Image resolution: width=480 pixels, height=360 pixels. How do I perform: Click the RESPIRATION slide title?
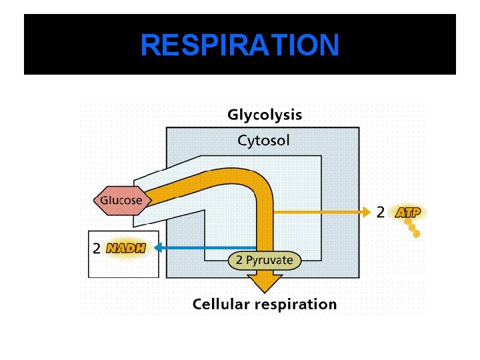[240, 45]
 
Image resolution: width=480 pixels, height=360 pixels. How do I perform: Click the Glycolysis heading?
[265, 115]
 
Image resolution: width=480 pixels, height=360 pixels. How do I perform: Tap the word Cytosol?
[264, 141]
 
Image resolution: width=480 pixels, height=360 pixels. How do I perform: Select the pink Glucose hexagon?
[121, 199]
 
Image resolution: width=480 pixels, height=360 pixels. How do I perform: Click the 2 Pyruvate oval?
[265, 260]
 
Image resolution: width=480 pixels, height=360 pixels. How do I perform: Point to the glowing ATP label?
[407, 213]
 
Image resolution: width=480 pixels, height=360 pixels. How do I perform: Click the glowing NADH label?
[126, 249]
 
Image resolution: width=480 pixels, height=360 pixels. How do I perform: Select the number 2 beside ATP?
[380, 213]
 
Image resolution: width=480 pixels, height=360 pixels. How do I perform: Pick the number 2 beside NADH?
[97, 249]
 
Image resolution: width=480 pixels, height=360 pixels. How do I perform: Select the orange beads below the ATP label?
[413, 228]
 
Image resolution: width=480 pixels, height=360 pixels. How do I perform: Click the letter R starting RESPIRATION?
[150, 45]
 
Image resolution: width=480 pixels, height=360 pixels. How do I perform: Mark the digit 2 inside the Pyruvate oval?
[239, 260]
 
